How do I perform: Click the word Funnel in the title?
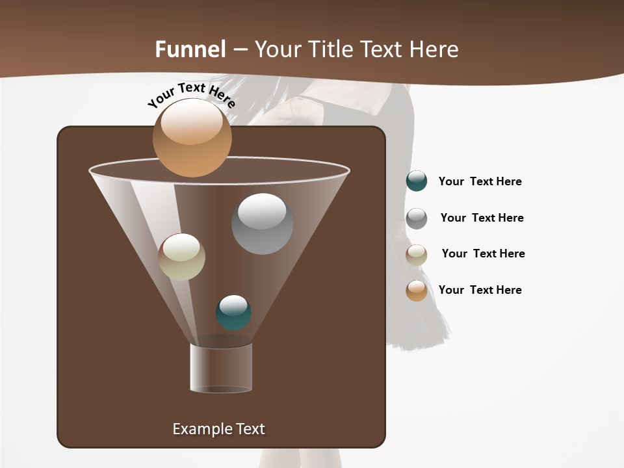point(190,49)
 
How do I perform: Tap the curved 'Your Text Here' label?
point(192,95)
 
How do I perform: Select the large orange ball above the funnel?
point(192,137)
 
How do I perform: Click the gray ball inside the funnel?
point(262,224)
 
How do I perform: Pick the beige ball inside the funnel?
point(182,257)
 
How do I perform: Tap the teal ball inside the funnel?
point(233,313)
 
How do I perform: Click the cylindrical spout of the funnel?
point(221,368)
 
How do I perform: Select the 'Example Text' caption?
point(219,429)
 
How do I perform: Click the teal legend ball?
point(417,181)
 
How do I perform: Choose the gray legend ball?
point(417,218)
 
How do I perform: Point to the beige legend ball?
point(417,254)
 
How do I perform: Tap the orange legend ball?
point(417,290)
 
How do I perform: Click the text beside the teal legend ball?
point(480,181)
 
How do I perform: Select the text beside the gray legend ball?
point(482,218)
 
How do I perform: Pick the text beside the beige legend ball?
point(483,253)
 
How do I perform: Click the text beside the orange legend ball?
point(480,290)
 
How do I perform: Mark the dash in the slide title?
point(240,50)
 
